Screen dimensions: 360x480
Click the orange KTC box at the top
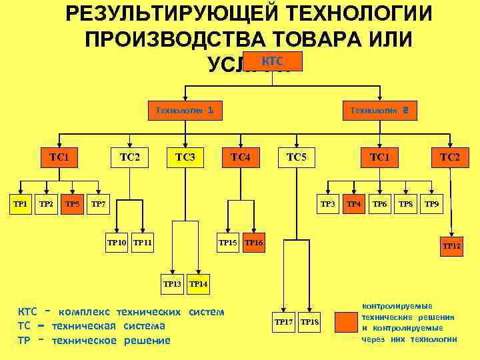click(271, 61)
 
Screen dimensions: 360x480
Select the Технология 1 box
click(184, 110)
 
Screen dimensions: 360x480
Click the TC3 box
click(185, 157)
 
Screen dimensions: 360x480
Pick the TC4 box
click(240, 157)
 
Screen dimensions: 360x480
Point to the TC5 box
click(296, 157)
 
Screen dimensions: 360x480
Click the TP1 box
click(21, 203)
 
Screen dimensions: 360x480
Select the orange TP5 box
click(72, 203)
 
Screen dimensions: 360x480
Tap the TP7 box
click(98, 203)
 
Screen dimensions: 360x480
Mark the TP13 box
click(173, 284)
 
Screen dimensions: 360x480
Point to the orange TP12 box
click(452, 246)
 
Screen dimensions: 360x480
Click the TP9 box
click(432, 203)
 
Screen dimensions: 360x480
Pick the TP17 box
click(284, 322)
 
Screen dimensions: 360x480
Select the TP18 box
click(310, 322)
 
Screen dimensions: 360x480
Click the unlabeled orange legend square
click(346, 322)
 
